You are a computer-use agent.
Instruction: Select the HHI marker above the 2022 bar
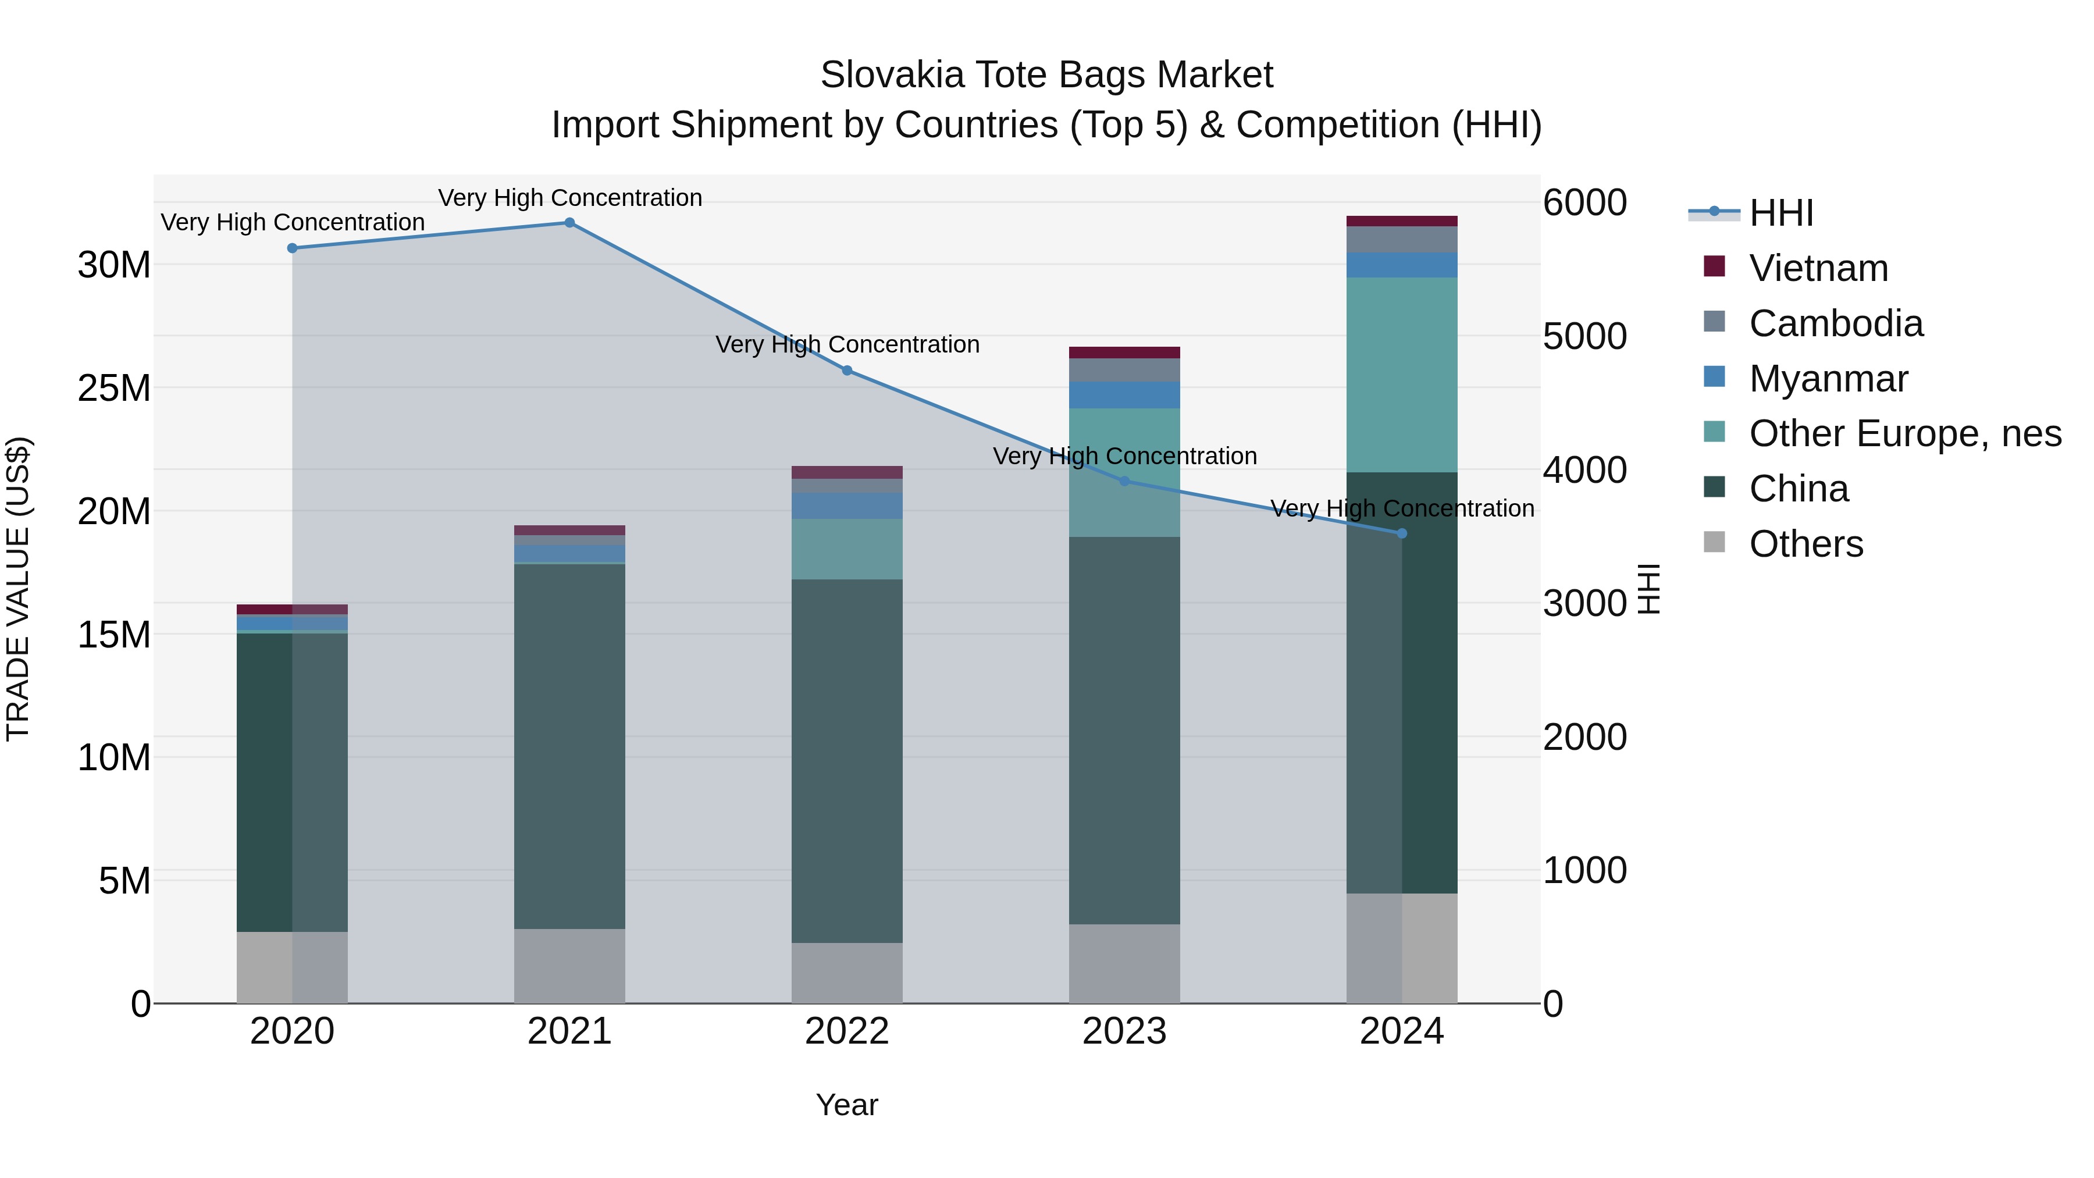click(847, 371)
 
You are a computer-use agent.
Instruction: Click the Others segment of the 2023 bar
click(1124, 963)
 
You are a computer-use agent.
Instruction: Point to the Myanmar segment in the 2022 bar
click(847, 506)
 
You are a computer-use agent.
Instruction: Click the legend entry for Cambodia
click(1836, 323)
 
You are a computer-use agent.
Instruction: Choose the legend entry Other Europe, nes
click(1904, 433)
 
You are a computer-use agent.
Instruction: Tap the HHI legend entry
click(1780, 213)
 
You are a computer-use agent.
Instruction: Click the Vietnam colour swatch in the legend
click(1714, 266)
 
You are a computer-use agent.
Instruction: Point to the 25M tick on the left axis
click(114, 389)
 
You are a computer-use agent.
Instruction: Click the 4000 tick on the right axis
click(1584, 470)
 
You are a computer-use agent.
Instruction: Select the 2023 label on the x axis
click(1124, 1031)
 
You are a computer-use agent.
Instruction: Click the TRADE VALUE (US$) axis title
click(18, 589)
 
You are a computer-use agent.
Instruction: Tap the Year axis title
click(847, 1105)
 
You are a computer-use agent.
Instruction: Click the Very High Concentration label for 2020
click(293, 222)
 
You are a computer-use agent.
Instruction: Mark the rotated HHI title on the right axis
click(1648, 589)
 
